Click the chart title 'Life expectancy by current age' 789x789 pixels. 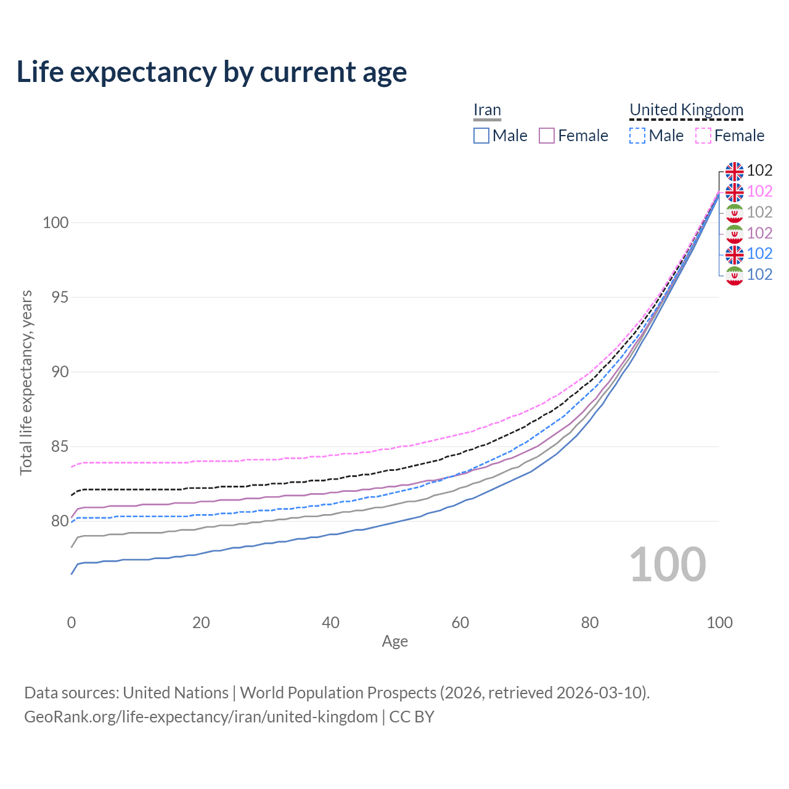211,72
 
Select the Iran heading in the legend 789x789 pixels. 487,110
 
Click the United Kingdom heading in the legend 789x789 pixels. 686,110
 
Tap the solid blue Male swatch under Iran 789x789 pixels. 481,136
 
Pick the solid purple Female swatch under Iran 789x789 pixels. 547,136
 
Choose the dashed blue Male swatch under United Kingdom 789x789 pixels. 637,136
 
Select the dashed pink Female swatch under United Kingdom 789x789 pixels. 703,136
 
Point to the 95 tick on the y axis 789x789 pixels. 55,297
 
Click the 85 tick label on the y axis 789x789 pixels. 55,446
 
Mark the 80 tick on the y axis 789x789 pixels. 55,521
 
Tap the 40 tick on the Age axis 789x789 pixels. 331,623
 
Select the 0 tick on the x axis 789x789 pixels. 72,623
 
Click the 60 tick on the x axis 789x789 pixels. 460,623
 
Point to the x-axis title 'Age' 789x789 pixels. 395,642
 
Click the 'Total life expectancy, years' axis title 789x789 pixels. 26,382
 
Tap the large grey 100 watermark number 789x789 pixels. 668,565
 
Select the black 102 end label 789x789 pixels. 759,171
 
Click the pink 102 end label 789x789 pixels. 759,192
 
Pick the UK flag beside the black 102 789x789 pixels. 734,171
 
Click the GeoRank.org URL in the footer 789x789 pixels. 201,717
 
